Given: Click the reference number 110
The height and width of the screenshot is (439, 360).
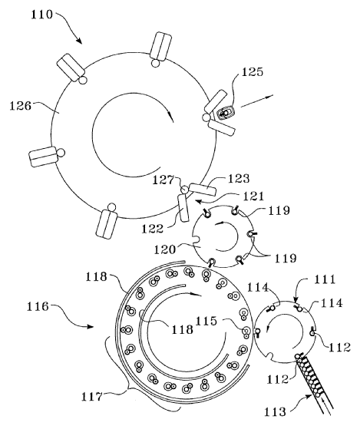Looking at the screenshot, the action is click(41, 15).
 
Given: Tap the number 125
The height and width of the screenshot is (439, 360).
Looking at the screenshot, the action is click(253, 71).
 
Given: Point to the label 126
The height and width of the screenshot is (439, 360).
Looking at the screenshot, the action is click(21, 106).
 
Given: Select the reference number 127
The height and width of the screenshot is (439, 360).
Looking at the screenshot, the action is click(163, 180).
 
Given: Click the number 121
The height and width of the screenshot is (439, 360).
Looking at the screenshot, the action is click(253, 196).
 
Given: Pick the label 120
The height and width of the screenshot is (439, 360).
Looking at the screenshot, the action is click(165, 249).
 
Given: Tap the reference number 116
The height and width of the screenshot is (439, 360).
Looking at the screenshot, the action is click(38, 306).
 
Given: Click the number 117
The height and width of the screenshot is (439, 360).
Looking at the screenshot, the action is click(92, 397).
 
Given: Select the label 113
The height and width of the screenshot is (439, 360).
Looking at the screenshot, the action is click(275, 412).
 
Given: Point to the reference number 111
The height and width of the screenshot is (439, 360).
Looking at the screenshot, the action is click(325, 279).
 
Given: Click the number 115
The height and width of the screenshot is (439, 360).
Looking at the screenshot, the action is click(206, 321).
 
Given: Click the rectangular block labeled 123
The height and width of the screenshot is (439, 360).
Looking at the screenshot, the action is click(203, 190).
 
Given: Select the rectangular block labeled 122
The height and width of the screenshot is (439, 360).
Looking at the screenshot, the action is click(183, 208).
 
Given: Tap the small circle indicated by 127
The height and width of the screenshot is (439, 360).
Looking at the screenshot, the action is click(184, 190).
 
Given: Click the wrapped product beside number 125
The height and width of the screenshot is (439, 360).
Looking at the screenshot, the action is click(226, 114).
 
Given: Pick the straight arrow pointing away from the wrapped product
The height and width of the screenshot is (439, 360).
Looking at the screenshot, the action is click(256, 101).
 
